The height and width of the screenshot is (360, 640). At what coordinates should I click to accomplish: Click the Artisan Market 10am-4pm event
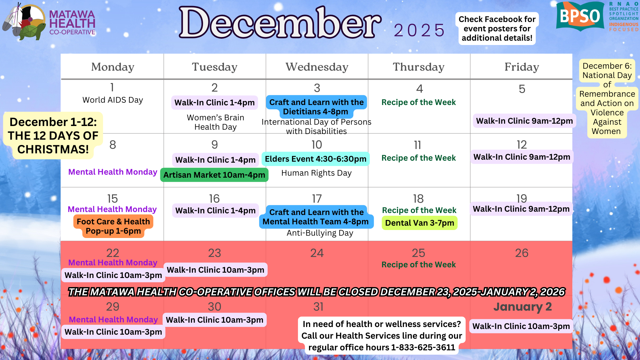point(214,175)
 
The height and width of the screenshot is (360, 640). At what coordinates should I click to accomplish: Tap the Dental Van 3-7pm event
point(420,223)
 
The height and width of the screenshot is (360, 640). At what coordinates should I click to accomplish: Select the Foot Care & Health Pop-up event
point(113,226)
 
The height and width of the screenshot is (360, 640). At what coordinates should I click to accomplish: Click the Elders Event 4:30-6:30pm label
point(316,159)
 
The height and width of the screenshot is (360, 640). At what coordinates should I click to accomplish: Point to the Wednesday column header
point(317,67)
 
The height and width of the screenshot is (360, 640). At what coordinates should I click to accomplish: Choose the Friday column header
point(522,67)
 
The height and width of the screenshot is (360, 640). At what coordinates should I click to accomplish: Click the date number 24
point(317,253)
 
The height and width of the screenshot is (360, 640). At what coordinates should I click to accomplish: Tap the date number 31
point(318,307)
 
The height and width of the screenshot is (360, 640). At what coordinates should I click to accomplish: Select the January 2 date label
point(522,307)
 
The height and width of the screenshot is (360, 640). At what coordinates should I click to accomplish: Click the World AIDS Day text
point(113,100)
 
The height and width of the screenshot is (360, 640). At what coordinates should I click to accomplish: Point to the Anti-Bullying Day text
point(320,233)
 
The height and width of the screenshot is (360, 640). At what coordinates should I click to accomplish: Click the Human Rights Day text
point(316,173)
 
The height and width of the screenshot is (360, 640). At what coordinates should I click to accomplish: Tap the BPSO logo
point(580,16)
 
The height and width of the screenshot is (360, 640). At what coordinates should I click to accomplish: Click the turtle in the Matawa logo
point(32,32)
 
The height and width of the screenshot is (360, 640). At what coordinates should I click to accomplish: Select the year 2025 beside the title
point(419,31)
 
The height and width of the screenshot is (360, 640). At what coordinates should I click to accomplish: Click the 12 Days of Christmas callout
point(53,136)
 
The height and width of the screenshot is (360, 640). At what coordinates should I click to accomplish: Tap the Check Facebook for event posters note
point(497,29)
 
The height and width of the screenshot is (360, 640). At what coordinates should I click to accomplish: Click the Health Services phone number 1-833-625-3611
point(423,347)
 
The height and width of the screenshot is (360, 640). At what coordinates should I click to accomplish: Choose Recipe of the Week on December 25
point(419,265)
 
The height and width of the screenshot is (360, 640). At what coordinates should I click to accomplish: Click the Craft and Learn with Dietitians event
point(316,107)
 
